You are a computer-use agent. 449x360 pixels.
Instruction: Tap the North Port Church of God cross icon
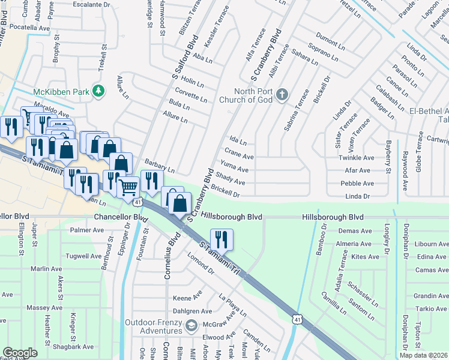[283, 95]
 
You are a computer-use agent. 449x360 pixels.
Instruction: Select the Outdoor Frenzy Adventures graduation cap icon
[191, 326]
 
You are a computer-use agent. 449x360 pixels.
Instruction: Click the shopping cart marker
[128, 187]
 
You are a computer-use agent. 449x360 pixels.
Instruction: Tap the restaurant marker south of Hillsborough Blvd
[221, 239]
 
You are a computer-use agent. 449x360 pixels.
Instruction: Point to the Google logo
[20, 353]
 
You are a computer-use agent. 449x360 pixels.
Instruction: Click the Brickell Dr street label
[225, 194]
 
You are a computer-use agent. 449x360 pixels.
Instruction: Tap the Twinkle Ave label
[357, 158]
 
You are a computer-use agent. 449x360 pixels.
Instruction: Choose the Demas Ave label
[355, 231]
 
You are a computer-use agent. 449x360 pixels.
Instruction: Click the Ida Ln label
[238, 142]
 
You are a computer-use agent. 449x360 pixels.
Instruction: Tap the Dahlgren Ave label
[192, 311]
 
